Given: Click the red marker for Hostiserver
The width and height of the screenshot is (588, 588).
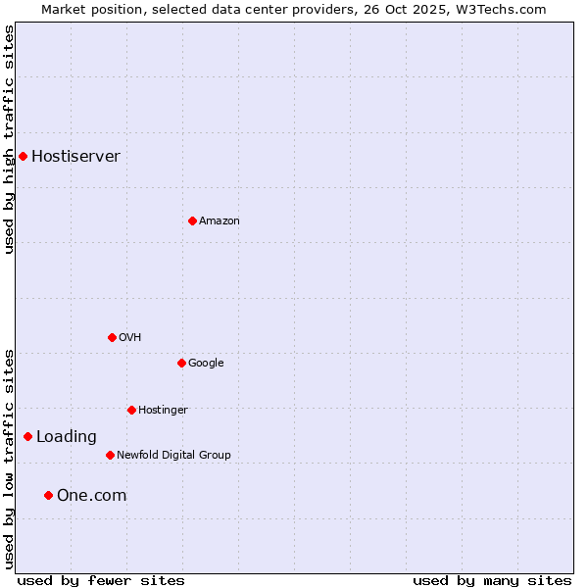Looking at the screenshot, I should click(23, 156).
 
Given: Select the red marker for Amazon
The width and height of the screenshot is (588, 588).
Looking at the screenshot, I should click(192, 220).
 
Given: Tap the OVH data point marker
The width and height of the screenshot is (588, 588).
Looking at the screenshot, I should click(112, 337).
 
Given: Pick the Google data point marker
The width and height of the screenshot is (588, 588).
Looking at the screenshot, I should click(181, 363).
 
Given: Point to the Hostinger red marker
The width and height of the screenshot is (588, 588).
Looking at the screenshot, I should click(131, 410).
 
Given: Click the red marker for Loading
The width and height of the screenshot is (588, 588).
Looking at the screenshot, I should click(27, 436).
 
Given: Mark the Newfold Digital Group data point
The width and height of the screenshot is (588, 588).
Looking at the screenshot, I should click(110, 455).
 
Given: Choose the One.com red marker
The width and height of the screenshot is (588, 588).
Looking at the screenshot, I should click(48, 495).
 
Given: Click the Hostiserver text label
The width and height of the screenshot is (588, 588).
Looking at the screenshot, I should click(75, 157).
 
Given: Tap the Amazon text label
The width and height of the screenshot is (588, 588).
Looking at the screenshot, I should click(220, 221).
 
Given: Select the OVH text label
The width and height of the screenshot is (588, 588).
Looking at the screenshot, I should click(130, 338).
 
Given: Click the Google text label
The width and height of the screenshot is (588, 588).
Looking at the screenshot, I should click(206, 364).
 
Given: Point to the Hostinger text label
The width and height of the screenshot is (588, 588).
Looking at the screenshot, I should click(163, 411).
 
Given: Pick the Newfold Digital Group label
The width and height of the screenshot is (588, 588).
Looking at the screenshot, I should click(173, 456).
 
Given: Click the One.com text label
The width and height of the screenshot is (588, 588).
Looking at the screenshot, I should click(91, 496).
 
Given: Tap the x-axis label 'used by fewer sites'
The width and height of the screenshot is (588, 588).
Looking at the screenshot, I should click(101, 580).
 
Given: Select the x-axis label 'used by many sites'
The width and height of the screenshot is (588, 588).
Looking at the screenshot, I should click(492, 580).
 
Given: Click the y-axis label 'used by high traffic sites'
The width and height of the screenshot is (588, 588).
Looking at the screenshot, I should click(9, 139).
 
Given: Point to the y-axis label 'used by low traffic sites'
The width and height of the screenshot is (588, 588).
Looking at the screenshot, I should click(9, 459).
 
